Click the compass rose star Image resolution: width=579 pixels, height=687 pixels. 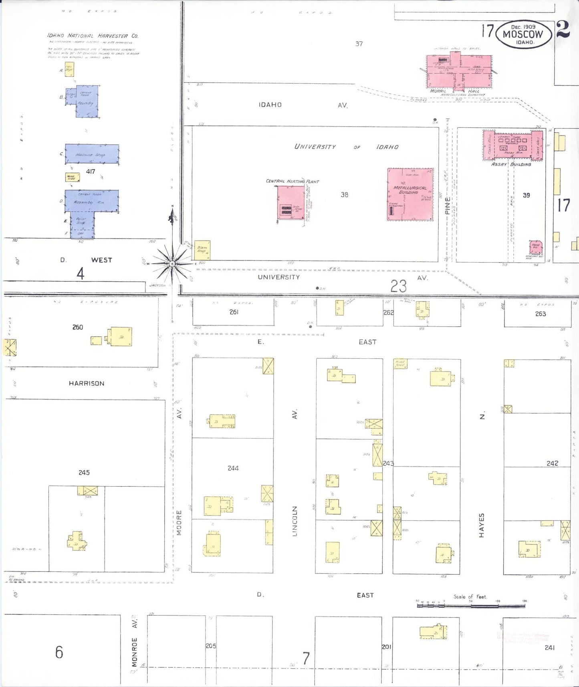click(x=172, y=263)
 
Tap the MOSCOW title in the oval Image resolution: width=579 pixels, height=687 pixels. click(x=523, y=34)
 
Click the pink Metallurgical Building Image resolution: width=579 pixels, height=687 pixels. click(x=410, y=194)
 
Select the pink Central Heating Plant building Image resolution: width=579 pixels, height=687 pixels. click(x=291, y=202)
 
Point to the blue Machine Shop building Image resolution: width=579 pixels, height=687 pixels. click(x=92, y=154)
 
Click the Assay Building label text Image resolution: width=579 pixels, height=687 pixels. click(x=511, y=164)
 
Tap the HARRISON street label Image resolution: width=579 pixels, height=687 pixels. click(x=87, y=384)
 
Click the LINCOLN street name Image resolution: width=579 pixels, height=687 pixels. click(x=295, y=521)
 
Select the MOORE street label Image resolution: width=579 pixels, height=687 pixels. click(x=179, y=523)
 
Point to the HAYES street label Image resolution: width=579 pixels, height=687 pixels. click(x=482, y=525)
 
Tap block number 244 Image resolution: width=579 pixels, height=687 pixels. click(x=233, y=468)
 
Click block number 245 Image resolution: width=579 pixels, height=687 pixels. click(x=84, y=473)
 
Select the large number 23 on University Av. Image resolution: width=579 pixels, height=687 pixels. click(x=398, y=286)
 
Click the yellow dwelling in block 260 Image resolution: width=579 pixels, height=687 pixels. click(x=121, y=337)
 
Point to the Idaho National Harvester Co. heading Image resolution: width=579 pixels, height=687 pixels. click(x=93, y=36)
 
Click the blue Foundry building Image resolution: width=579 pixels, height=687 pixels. click(x=87, y=101)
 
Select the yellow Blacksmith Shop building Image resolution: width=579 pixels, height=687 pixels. click(x=202, y=250)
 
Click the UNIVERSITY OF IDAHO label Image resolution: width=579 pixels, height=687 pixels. click(x=346, y=147)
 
